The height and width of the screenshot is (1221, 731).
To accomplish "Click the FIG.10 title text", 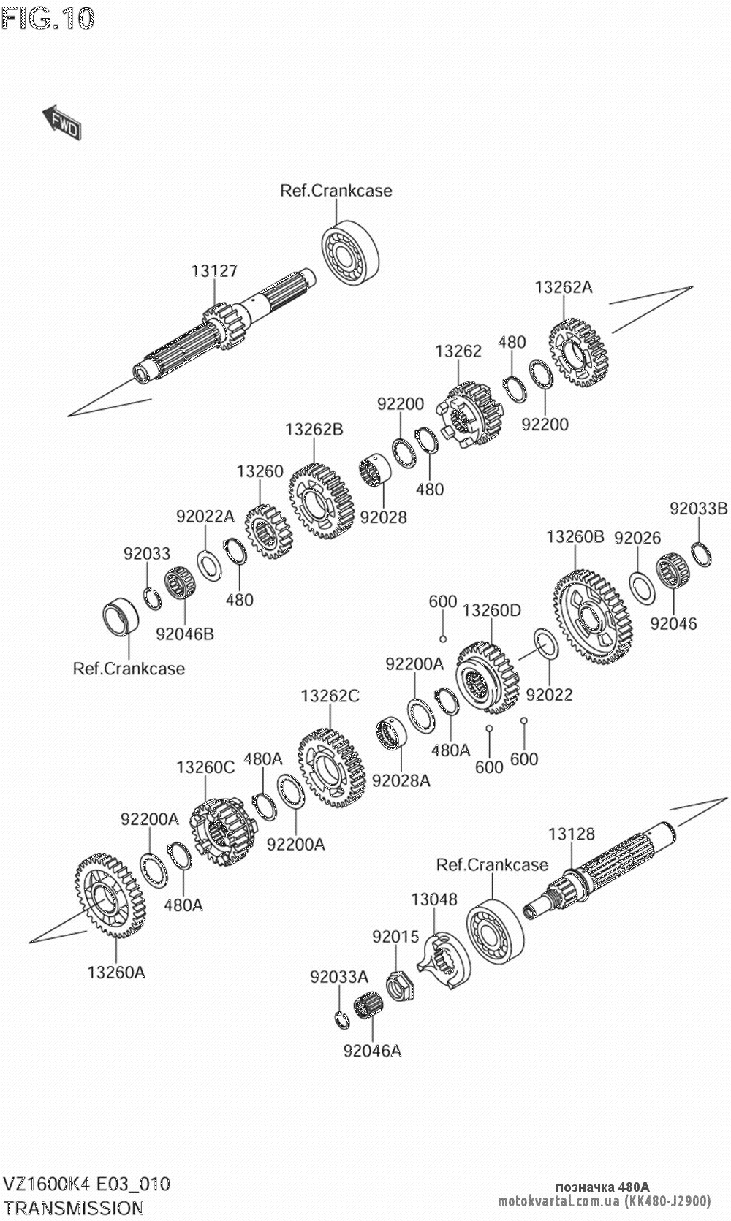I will pos(48,18).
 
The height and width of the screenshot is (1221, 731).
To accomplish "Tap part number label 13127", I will pos(214,271).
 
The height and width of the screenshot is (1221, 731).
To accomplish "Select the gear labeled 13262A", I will pos(579,352).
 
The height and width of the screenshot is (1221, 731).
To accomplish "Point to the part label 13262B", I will pos(314,429).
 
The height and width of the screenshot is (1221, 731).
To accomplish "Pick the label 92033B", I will pos(699,509).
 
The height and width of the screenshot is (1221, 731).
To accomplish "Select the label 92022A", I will pos(205,517).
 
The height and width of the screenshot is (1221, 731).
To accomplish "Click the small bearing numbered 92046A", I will pos(368,1012).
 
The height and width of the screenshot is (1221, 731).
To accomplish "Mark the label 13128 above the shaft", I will pos(572,834).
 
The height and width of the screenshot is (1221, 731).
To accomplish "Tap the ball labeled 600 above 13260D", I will pos(442,639).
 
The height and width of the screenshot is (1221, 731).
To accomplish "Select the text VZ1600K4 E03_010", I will pos(87,1184).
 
